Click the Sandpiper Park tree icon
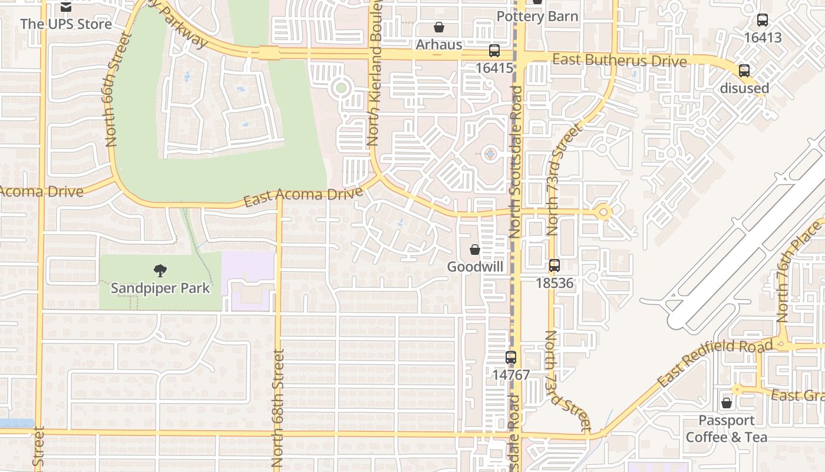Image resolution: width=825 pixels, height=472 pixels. click(x=160, y=271)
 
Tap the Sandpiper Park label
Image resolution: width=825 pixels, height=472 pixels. click(x=160, y=288)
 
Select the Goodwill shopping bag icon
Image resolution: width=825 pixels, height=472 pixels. click(x=475, y=250)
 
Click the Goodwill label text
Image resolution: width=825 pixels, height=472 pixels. click(x=475, y=267)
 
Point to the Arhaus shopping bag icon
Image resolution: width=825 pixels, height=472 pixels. click(x=438, y=27)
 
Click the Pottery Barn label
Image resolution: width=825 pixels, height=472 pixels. click(x=537, y=16)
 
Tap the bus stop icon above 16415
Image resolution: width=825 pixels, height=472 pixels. click(x=494, y=51)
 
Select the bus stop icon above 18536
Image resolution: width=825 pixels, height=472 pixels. click(x=555, y=265)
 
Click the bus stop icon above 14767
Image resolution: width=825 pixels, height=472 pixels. click(x=511, y=358)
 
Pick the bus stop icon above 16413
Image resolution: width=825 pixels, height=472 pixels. click(x=763, y=20)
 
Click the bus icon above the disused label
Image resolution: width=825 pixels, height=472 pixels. click(x=744, y=71)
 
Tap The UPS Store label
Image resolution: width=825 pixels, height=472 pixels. click(x=66, y=24)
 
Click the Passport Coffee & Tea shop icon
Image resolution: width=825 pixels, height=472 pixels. click(x=727, y=403)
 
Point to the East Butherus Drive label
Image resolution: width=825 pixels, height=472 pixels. click(x=619, y=60)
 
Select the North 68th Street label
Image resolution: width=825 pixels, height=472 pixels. click(x=278, y=407)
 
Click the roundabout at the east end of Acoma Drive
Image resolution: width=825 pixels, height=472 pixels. click(x=603, y=212)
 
